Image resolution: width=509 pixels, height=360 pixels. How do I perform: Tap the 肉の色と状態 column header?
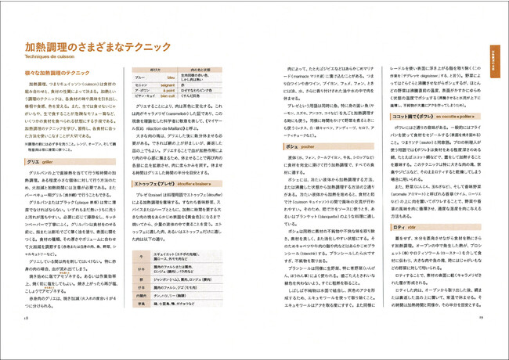pyautogui.click(x=226, y=69)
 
